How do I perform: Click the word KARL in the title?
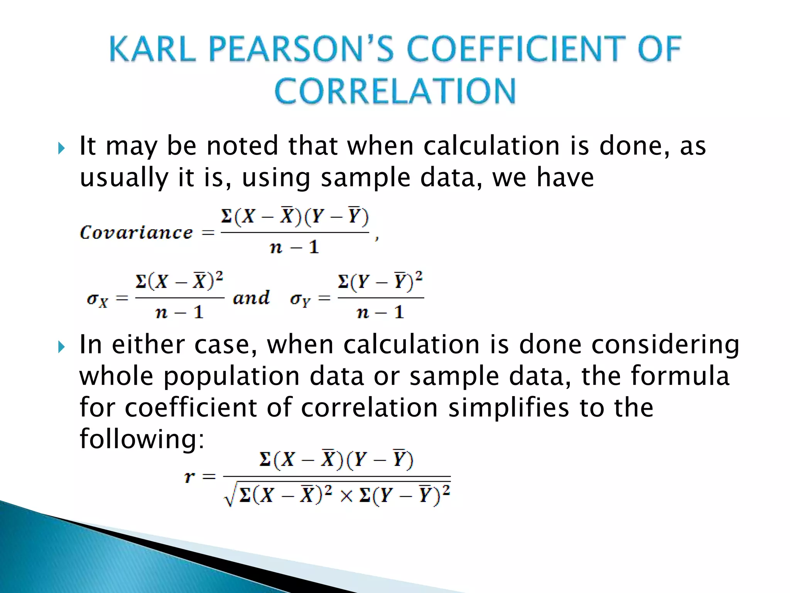pos(152,49)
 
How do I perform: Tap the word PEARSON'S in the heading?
pos(301,49)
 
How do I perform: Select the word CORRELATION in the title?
pos(395,91)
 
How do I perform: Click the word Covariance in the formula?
pos(136,232)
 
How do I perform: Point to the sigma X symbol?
pos(97,300)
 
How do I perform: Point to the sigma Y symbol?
pos(300,300)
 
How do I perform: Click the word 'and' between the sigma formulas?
pos(251,298)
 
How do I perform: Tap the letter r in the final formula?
pos(189,477)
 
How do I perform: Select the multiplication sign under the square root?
pos(346,496)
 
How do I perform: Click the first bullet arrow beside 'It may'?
pos(61,148)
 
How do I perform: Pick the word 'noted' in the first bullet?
pos(242,146)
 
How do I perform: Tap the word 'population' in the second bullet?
pos(231,376)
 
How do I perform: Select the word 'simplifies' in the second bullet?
pos(508,408)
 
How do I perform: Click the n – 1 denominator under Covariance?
pos(294,247)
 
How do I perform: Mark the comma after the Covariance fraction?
pos(377,238)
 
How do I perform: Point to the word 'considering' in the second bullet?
pos(665,345)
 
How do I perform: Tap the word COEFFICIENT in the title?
pos(515,49)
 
